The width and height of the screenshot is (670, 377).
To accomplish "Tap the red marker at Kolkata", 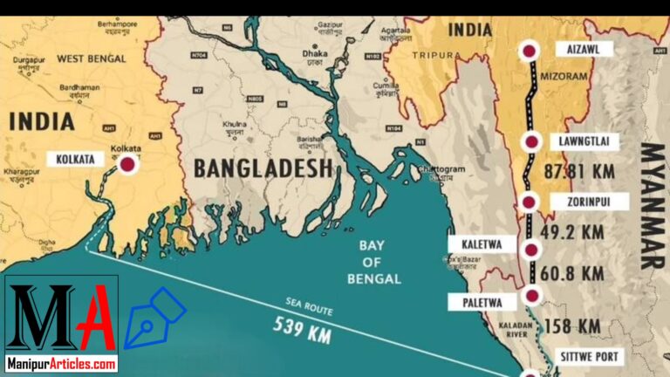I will pos(128,163).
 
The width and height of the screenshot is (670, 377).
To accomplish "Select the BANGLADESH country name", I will pos(263,167).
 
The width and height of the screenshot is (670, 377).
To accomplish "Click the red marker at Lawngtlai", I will pos(530,141).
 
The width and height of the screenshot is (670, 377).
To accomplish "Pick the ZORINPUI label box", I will pos(580,202).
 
